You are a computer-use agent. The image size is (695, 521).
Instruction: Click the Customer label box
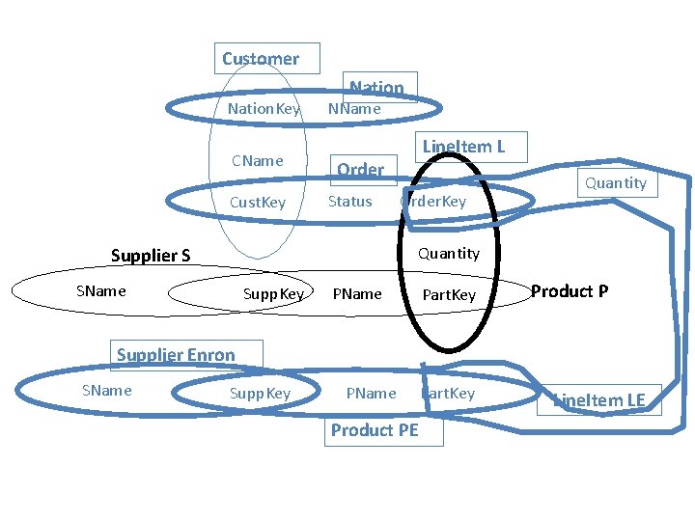[x=261, y=59]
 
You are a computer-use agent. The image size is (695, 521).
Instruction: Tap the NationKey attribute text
[x=264, y=109]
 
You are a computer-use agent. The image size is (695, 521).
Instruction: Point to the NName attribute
[x=354, y=109]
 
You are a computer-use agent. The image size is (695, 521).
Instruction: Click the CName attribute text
[x=258, y=160]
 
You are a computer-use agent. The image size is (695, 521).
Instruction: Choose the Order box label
[x=360, y=170]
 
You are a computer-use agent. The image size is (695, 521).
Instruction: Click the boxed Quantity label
[x=615, y=183]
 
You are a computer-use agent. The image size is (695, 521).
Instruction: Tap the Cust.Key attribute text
[x=258, y=203]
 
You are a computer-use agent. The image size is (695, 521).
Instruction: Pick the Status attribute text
[x=349, y=202]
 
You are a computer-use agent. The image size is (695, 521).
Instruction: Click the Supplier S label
[x=151, y=256]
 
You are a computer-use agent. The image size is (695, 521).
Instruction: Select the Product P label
[x=570, y=291]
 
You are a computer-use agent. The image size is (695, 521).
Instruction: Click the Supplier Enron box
[x=175, y=355]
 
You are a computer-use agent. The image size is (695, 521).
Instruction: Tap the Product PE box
[x=375, y=430]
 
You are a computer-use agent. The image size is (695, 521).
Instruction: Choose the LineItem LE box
[x=598, y=399]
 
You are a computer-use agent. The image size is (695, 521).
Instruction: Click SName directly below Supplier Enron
[x=106, y=391]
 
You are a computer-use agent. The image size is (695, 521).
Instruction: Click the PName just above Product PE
[x=371, y=394]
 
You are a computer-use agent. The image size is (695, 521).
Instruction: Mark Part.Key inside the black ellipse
[x=449, y=294]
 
